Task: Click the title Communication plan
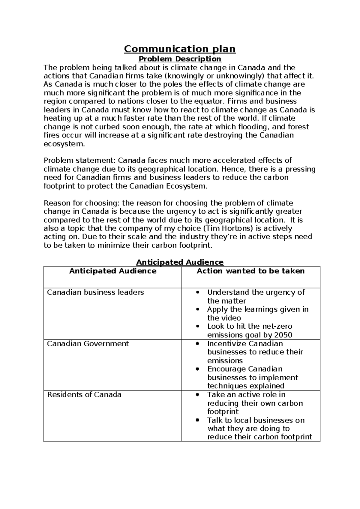pos(180,49)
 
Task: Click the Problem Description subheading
pos(180,59)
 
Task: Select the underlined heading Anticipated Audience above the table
pos(180,262)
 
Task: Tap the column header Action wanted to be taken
pos(250,271)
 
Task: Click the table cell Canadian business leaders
pos(95,292)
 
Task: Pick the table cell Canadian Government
pos(88,344)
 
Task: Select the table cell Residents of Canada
pos(84,394)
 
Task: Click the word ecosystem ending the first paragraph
pos(63,144)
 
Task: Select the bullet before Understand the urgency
pos(197,293)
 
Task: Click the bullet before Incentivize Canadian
pos(197,344)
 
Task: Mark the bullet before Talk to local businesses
pos(197,420)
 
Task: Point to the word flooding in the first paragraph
pos(259,127)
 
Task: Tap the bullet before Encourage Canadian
pos(197,369)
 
